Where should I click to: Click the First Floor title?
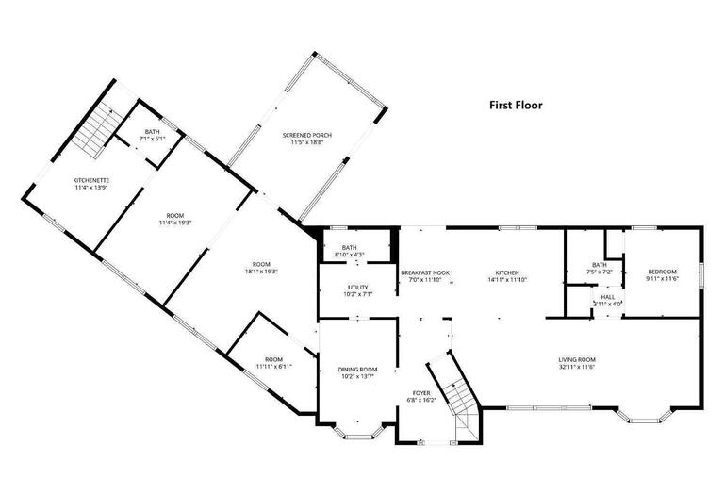tap(516, 106)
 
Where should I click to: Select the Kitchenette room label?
tap(92, 183)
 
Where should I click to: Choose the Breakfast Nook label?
tap(425, 275)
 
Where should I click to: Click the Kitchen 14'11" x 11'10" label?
tap(507, 275)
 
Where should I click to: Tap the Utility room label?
tap(357, 289)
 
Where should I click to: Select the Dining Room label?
tap(358, 372)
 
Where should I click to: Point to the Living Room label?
tap(577, 362)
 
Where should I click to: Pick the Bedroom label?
tap(662, 274)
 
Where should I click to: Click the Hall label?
tap(607, 300)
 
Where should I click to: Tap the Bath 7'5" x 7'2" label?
tap(599, 268)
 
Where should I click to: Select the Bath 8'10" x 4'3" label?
tap(350, 252)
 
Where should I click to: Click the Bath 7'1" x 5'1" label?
tap(152, 135)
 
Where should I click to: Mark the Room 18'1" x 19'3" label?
tap(260, 267)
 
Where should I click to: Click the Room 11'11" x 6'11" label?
tap(273, 362)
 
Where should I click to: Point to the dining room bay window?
tap(359, 432)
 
